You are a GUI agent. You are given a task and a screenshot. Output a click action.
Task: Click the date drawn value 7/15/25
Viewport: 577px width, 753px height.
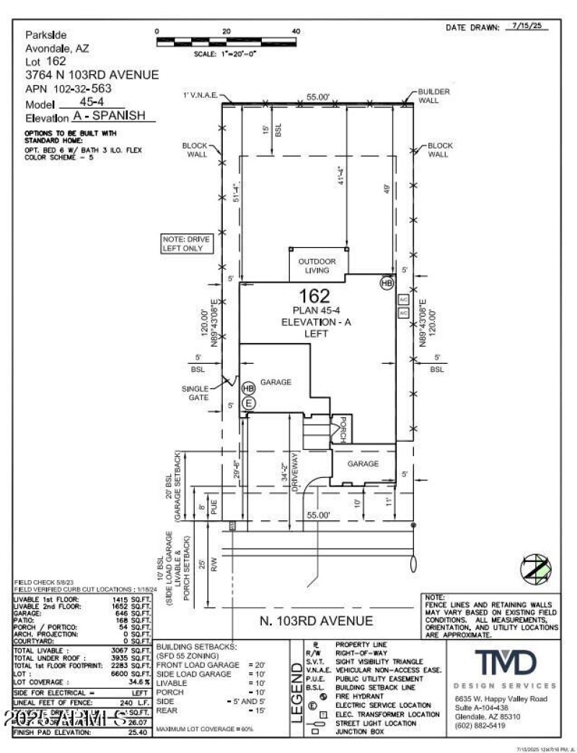coord(529,26)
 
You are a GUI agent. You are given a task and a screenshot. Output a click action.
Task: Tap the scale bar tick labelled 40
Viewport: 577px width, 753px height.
coord(294,32)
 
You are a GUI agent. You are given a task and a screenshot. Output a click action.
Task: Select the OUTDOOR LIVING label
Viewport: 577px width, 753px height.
coord(317,265)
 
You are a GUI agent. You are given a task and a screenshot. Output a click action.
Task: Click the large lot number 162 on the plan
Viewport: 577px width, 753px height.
coord(315,295)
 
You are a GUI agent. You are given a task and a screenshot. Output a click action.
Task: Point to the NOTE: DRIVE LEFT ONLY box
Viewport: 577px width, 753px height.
coord(188,244)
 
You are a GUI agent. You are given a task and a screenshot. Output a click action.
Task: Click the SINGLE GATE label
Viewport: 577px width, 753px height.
coord(195,393)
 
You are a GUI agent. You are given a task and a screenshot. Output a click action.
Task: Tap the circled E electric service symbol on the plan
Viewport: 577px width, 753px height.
coord(249,404)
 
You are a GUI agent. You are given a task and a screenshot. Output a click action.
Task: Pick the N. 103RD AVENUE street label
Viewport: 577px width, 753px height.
coord(317,620)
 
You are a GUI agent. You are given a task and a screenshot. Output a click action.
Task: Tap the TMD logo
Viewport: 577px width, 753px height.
coord(505,661)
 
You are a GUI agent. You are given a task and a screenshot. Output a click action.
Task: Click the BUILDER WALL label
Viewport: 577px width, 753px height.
coord(434,96)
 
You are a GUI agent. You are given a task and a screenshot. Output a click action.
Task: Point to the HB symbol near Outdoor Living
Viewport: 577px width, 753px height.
coord(387,283)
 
